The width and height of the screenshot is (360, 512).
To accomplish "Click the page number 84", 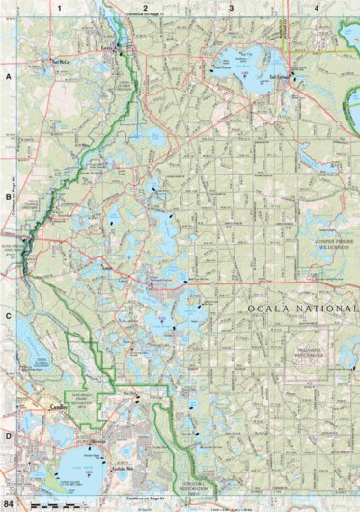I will (x=9, y=504).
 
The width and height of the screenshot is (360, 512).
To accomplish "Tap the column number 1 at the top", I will (x=60, y=7).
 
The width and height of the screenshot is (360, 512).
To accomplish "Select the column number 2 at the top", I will (x=145, y=7).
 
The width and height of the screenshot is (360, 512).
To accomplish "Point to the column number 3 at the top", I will (x=232, y=7).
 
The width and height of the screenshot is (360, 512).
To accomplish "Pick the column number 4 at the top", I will (x=318, y=7).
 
